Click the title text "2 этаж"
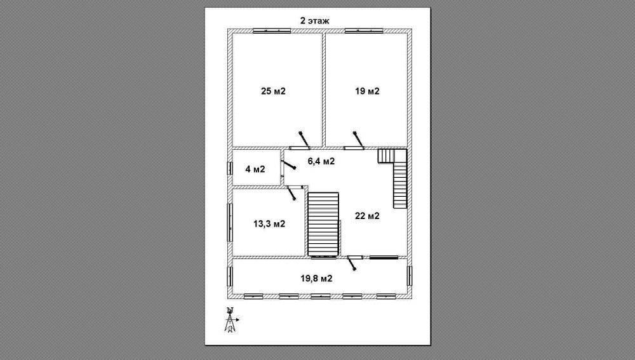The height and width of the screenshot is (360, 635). (315, 21)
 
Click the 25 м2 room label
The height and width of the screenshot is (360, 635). (273, 91)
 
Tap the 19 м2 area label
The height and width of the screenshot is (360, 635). (367, 91)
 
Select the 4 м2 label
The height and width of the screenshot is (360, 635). (255, 169)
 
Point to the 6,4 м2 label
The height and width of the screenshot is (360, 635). (321, 161)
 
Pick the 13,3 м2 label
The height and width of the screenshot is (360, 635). (269, 223)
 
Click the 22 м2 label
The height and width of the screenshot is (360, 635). (367, 216)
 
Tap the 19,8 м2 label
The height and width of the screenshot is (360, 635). (316, 279)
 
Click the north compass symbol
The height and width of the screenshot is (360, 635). (231, 319)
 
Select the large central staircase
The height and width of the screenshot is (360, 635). (323, 224)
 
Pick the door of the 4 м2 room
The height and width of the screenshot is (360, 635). (287, 165)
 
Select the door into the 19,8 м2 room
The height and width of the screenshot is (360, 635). (352, 262)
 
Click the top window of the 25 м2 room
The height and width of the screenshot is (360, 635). (272, 30)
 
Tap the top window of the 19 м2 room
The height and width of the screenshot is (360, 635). (364, 30)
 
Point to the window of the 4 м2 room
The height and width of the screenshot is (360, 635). (230, 168)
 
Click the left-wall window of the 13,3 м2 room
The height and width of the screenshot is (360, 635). (230, 222)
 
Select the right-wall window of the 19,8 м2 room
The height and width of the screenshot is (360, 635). (410, 276)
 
